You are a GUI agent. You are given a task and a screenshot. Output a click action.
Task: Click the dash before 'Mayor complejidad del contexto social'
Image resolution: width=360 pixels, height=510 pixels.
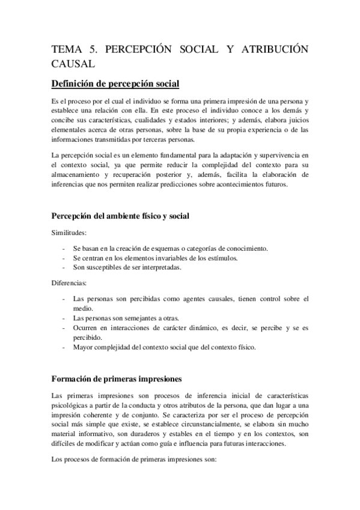64,348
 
